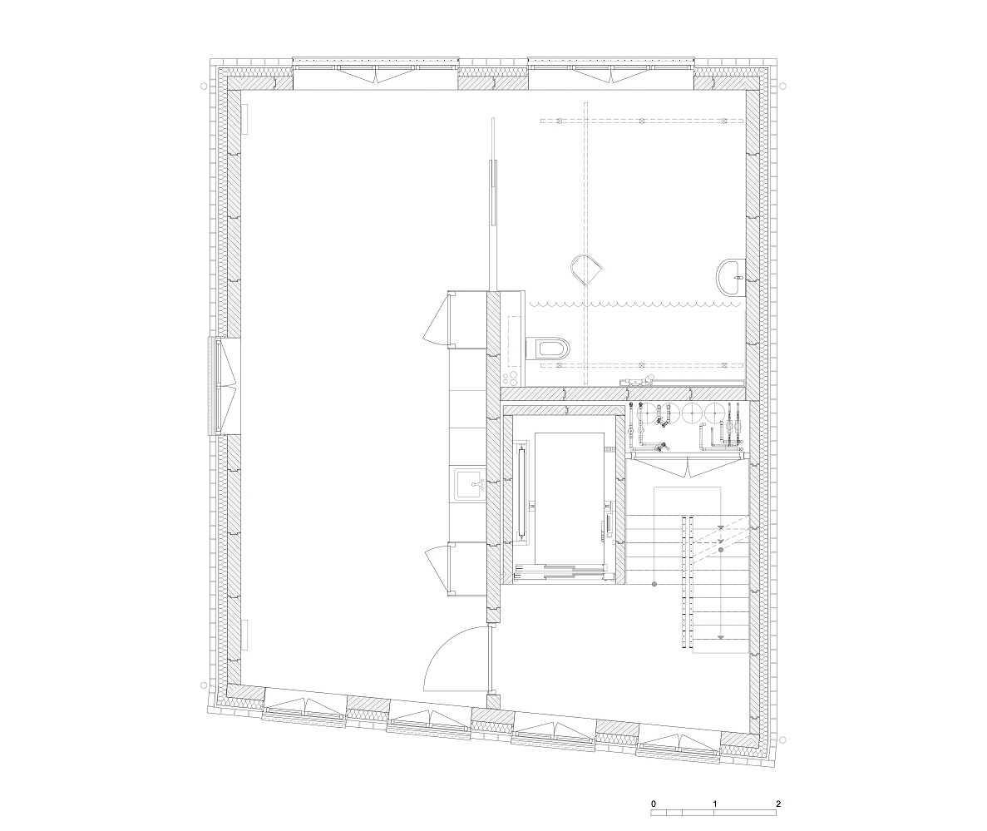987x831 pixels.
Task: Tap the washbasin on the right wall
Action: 729,276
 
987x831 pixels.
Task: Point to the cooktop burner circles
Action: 511,377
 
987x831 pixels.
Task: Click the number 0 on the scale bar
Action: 654,804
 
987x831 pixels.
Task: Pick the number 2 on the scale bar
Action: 778,804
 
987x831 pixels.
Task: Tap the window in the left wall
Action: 225,386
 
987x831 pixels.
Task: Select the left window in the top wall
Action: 376,72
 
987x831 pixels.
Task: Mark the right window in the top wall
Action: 611,72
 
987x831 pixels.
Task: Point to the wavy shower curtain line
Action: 636,304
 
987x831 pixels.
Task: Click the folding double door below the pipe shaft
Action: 688,467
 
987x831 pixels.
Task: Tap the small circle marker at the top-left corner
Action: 204,86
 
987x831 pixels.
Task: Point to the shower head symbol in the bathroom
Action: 587,268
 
